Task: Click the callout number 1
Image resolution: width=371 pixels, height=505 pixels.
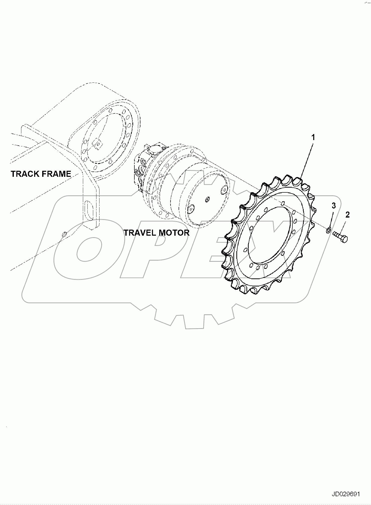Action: coord(313,138)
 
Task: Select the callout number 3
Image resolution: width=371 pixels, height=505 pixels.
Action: coord(334,206)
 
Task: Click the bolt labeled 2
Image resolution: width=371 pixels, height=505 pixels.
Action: coord(340,237)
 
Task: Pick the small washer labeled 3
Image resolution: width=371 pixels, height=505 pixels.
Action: coord(328,230)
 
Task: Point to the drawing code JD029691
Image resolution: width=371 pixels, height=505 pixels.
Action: coord(346,494)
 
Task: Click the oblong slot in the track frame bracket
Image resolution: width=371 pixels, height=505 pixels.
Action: coord(89,211)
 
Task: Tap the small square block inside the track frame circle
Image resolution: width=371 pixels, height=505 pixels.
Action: coord(97,144)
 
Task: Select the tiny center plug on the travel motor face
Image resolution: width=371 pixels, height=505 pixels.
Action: coord(207,199)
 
